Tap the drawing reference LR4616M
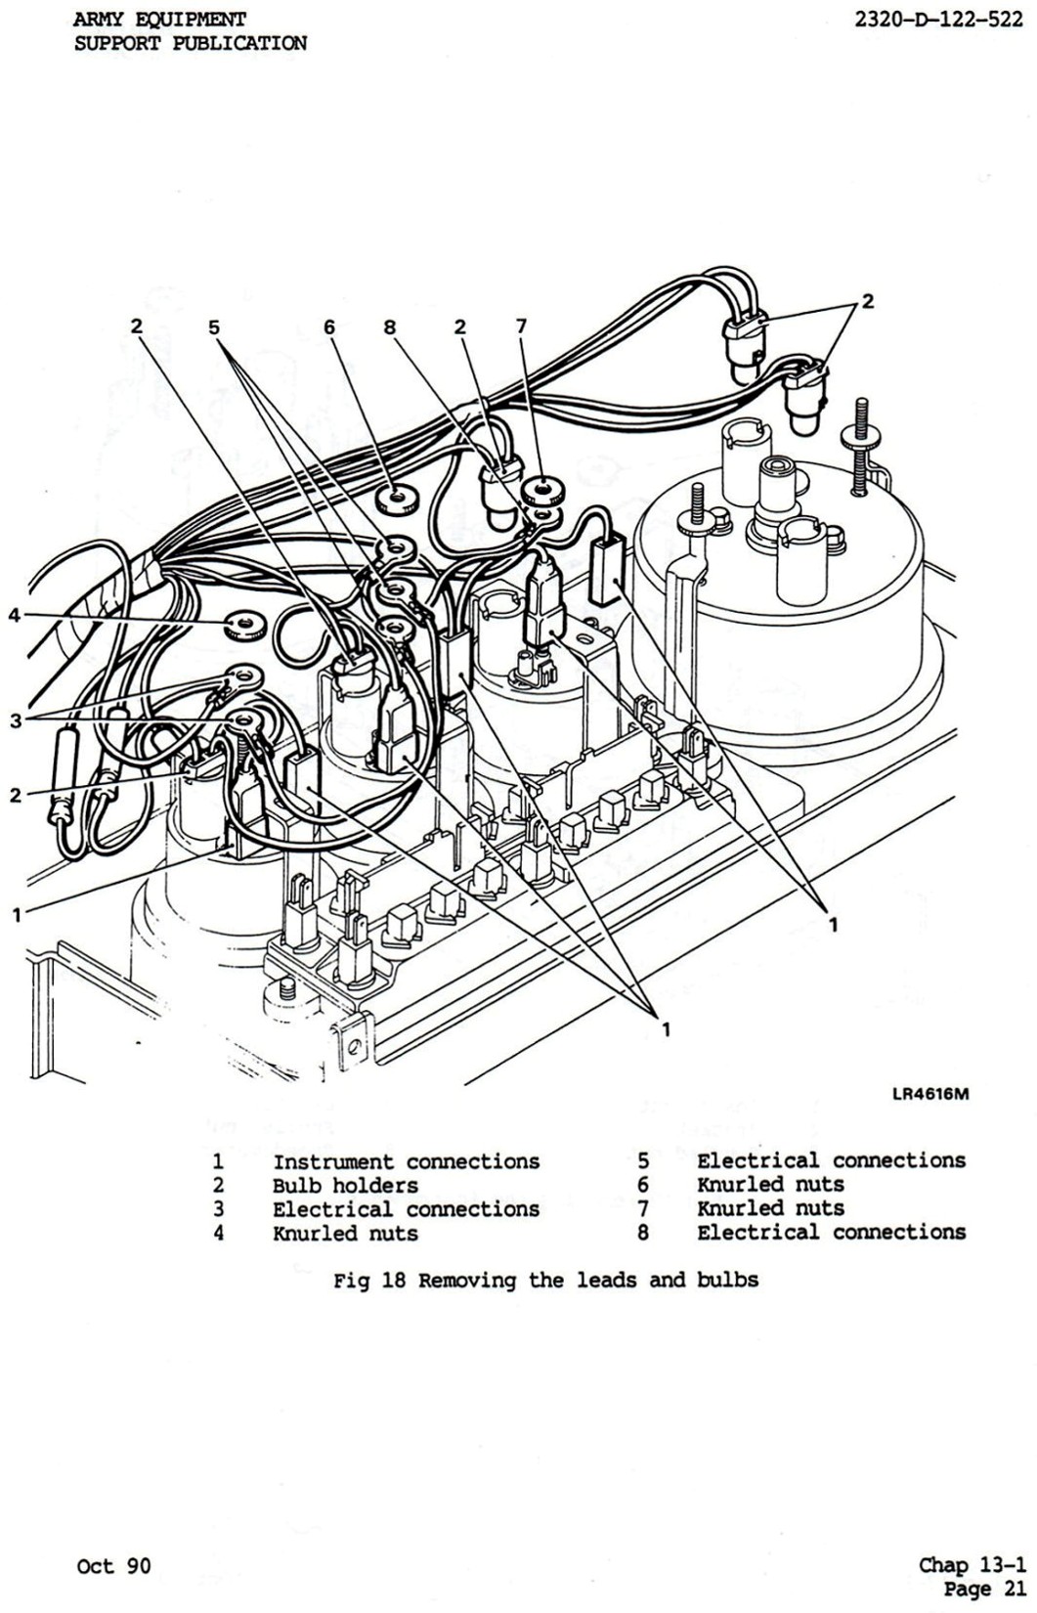[929, 1093]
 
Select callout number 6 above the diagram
[330, 327]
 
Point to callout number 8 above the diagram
[390, 327]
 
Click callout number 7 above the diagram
[521, 327]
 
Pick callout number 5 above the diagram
[214, 327]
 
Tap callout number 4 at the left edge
[14, 615]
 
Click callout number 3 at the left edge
[15, 721]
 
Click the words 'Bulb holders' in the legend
[345, 1186]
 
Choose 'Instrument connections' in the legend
[406, 1161]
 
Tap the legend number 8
[643, 1232]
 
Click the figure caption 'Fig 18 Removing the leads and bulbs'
[545, 1280]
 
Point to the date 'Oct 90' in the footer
[113, 1566]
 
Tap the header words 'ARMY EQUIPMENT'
[159, 20]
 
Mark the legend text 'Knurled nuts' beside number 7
[770, 1208]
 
